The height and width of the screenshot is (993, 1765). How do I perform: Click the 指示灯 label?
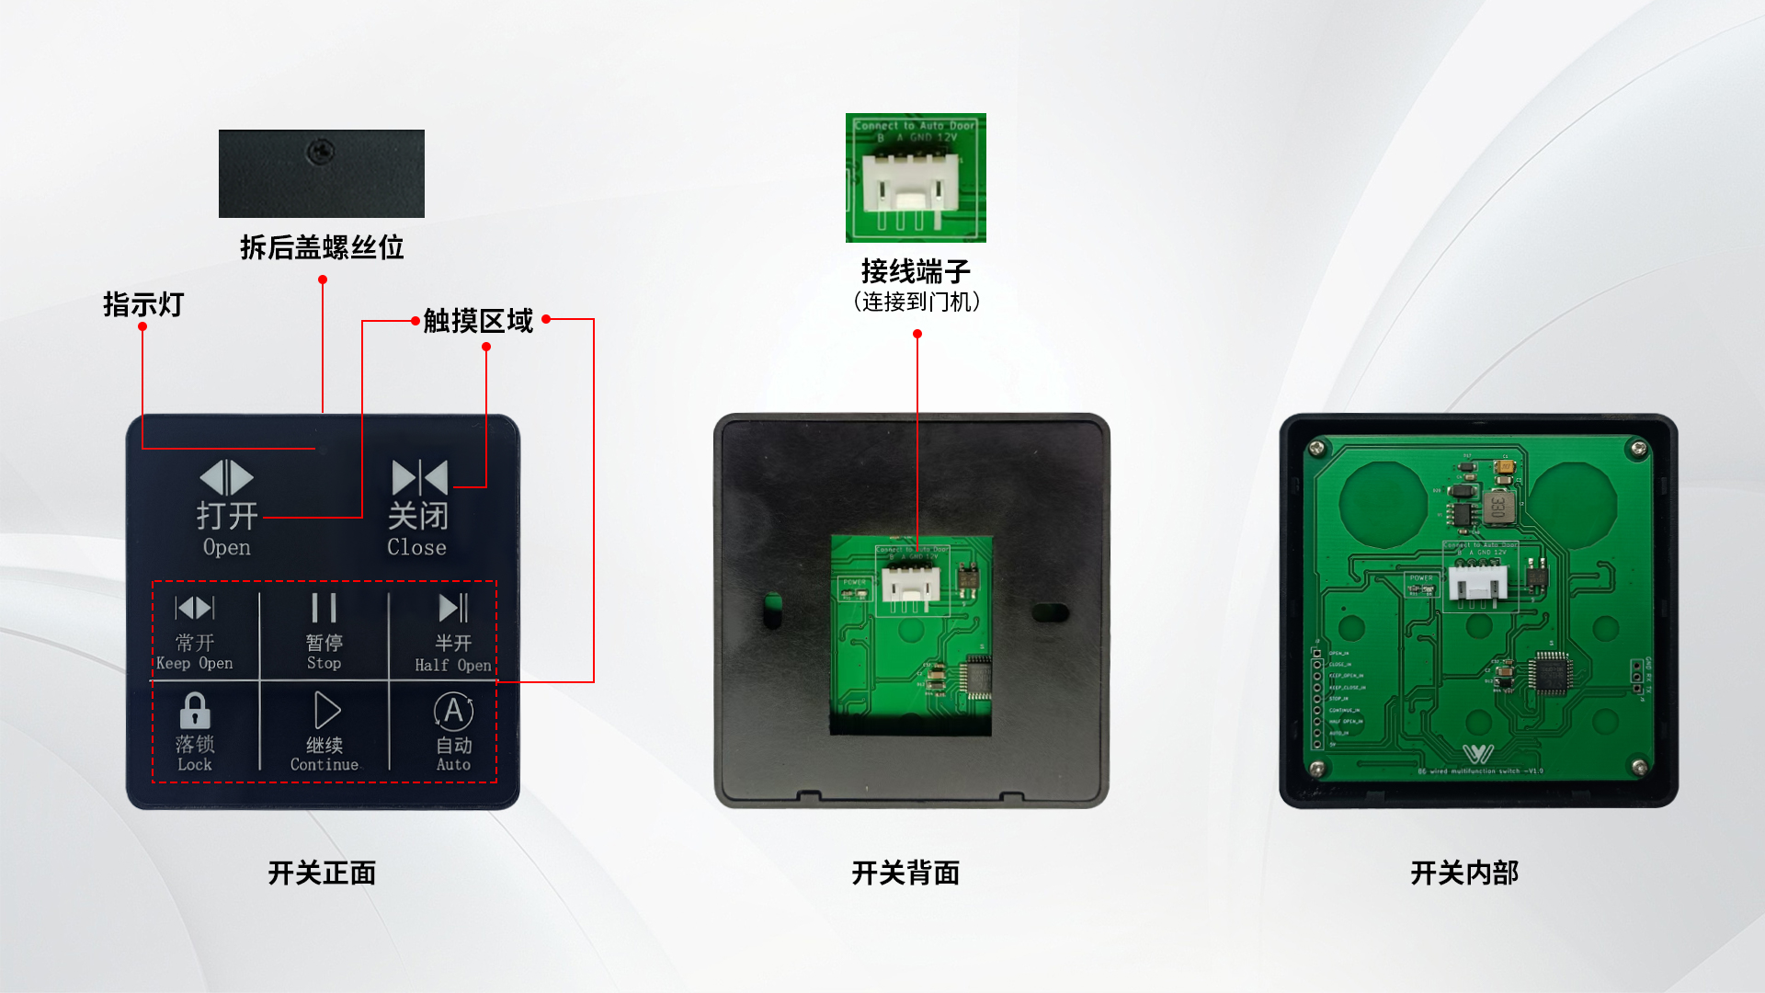143,304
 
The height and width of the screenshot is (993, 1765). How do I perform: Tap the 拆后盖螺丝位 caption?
322,247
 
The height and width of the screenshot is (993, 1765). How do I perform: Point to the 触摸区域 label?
478,321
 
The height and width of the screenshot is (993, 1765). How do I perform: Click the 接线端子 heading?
916,271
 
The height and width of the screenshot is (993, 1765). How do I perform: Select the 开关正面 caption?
322,873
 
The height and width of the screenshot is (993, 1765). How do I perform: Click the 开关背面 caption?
905,873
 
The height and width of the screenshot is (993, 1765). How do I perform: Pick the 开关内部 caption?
1464,873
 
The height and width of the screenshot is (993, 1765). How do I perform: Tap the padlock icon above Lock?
195,711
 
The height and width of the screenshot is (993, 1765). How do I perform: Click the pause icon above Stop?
324,608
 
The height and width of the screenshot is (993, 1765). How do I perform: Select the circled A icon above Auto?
453,711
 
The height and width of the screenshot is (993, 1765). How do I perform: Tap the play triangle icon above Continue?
326,711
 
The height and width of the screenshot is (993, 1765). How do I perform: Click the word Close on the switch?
416,547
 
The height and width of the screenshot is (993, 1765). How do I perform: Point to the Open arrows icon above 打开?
226,478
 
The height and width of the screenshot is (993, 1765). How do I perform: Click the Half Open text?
452,665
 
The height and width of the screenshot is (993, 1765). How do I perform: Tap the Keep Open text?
194,663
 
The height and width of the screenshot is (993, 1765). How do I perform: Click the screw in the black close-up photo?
320,150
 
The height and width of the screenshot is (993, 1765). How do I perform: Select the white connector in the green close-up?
910,187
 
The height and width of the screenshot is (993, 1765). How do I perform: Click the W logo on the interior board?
1478,754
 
